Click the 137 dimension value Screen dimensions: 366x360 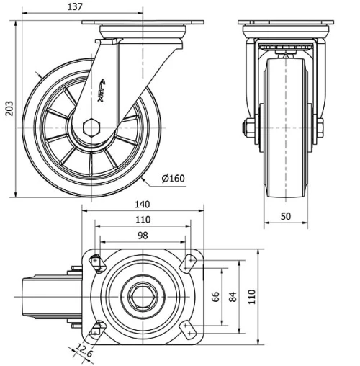75,6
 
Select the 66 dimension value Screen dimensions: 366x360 215,296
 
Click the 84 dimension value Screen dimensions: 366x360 231,296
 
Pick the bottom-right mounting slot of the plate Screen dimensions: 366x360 189,330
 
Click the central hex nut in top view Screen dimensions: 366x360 143,296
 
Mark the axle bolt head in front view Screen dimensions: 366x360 247,129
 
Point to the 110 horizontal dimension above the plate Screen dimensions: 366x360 143,220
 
